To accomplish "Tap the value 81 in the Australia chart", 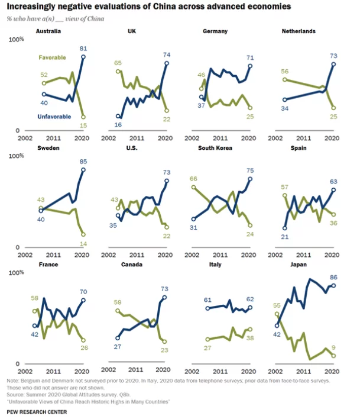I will point(83,48).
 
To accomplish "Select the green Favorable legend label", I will point(52,57).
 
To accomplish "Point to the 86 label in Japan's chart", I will point(333,276).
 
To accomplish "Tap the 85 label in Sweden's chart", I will point(83,161).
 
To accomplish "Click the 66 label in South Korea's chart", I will point(193,178).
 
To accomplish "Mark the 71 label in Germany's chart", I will point(251,57).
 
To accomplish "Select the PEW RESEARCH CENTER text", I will point(37,411).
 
